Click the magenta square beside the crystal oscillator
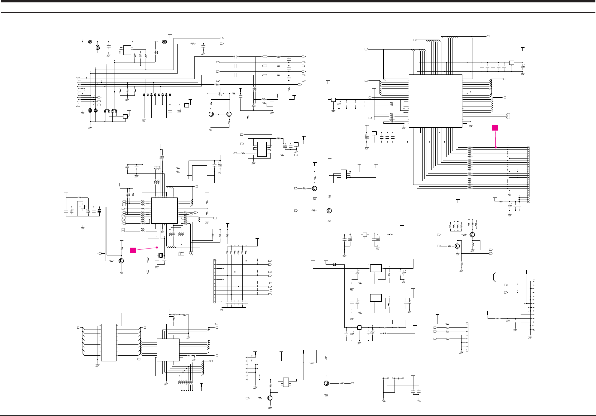(x=133, y=250)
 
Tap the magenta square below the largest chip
(x=495, y=128)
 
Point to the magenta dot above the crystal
(x=157, y=247)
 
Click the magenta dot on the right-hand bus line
(x=496, y=147)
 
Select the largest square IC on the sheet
(x=435, y=101)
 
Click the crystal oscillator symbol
(x=161, y=255)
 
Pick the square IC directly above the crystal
(x=164, y=210)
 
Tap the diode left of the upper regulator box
(x=335, y=264)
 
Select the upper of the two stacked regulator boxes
(x=376, y=268)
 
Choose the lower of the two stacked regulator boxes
(x=376, y=298)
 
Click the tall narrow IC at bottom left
(x=109, y=342)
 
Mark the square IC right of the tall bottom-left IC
(x=168, y=350)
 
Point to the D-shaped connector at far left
(x=78, y=92)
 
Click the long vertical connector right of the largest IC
(x=528, y=174)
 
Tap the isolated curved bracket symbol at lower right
(x=494, y=277)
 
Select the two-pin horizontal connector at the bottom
(x=385, y=378)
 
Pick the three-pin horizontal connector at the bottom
(x=398, y=378)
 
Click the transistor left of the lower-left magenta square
(x=121, y=261)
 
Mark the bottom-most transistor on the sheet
(x=270, y=398)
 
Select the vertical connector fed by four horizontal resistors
(x=467, y=337)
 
